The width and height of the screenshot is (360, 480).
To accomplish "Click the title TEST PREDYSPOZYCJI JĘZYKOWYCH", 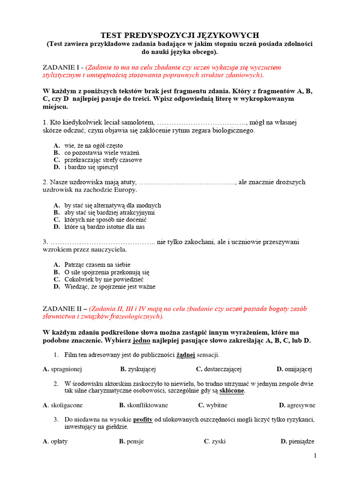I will click(180, 35).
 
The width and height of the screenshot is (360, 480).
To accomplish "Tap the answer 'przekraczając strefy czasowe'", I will click(103, 159).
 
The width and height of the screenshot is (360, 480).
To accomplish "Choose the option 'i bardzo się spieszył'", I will click(91, 166).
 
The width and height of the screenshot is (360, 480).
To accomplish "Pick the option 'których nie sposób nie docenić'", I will click(105, 219).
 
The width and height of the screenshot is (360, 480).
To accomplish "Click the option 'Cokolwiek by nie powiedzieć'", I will click(104, 279).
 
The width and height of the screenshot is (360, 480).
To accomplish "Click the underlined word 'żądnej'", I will click(186, 354).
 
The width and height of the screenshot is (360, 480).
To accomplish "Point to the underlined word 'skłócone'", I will click(232, 390).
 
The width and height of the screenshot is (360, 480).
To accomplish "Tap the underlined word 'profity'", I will click(143, 419).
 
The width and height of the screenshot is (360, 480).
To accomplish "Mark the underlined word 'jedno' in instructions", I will click(141, 340).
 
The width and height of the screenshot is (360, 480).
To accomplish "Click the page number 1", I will click(315, 456).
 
